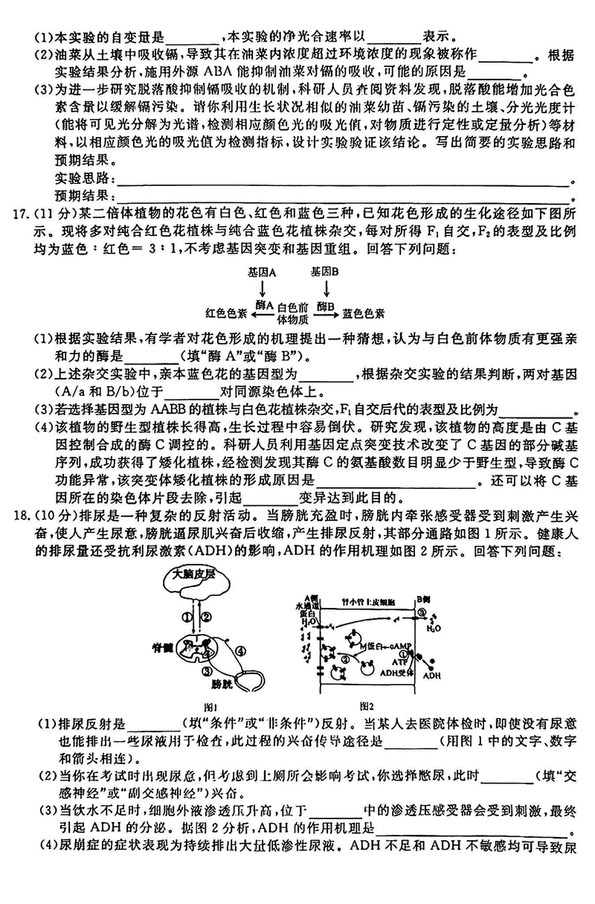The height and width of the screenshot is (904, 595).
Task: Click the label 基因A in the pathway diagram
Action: (262, 272)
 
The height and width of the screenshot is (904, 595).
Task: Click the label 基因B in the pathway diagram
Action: (325, 272)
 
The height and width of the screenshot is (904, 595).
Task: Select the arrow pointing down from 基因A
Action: (263, 289)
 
